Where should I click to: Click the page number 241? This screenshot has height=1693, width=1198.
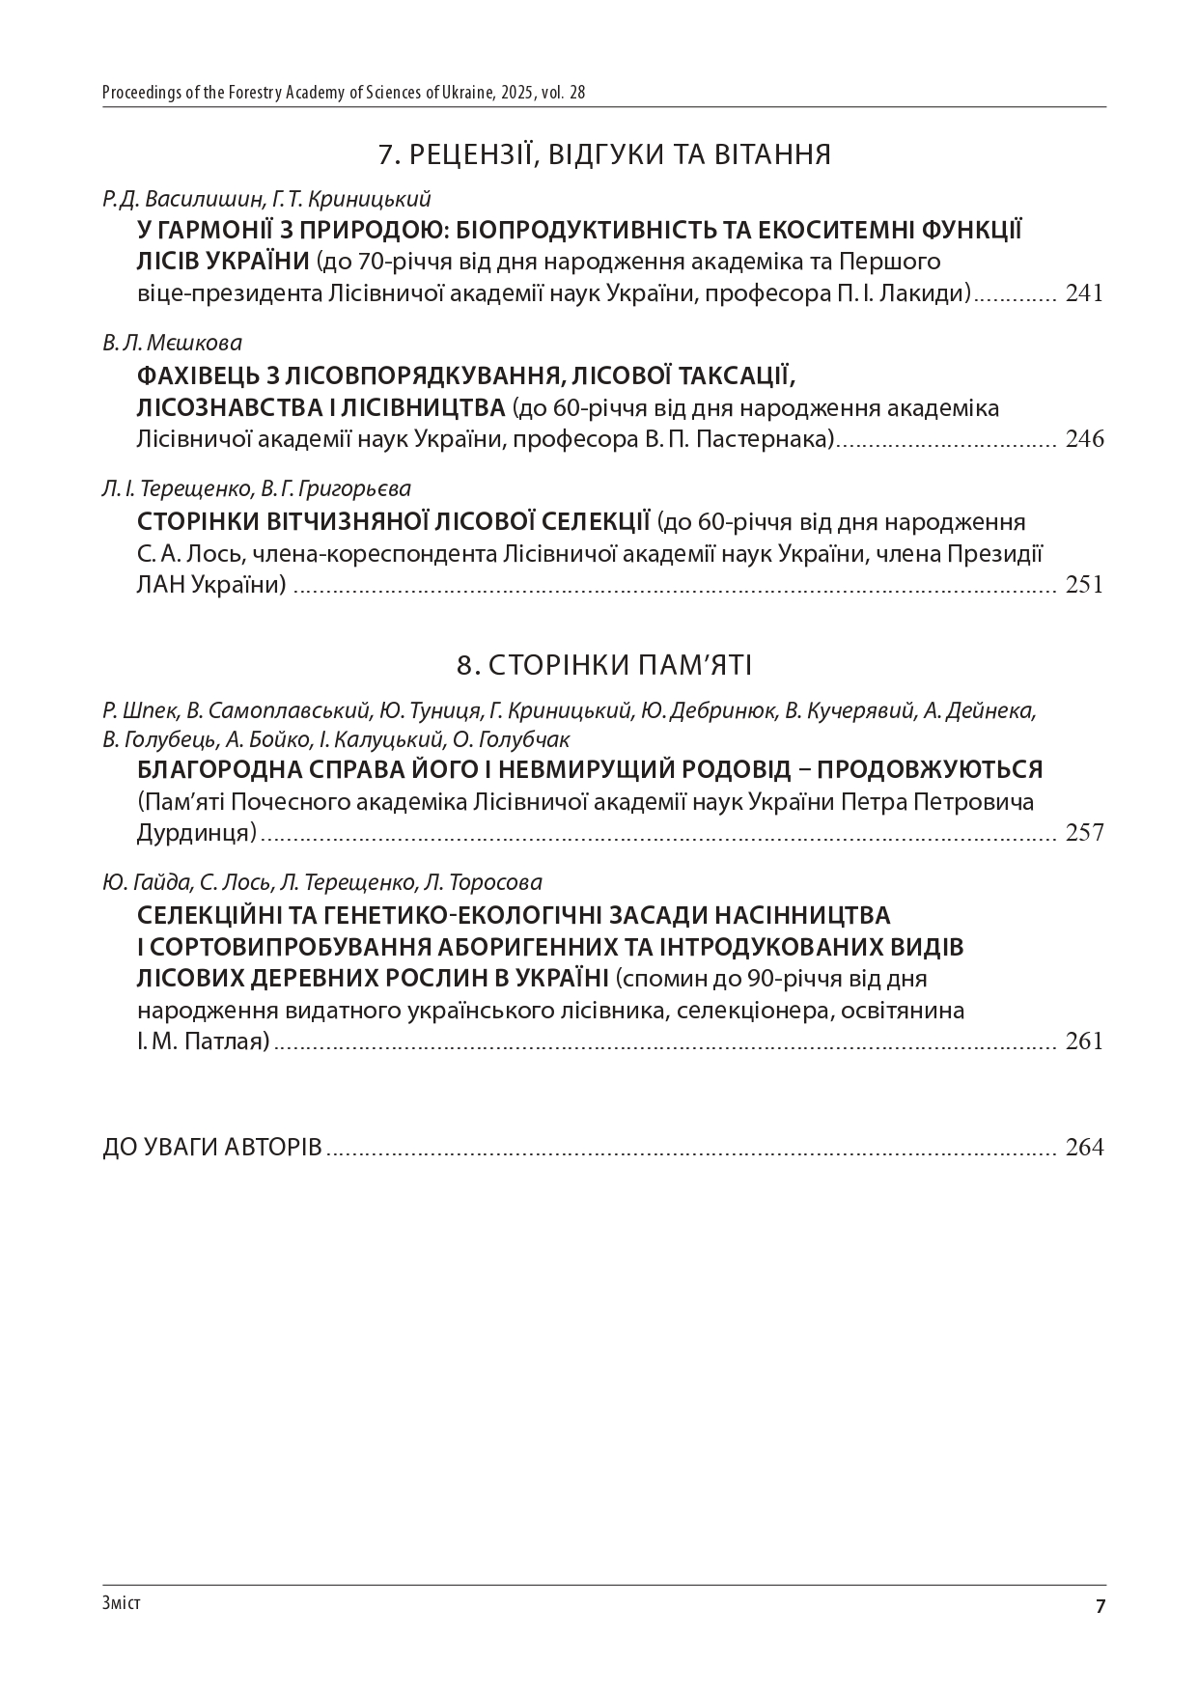1084,293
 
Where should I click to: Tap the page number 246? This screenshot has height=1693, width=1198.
1084,440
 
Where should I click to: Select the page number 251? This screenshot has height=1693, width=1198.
1084,585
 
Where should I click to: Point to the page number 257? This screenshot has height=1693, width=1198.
1084,833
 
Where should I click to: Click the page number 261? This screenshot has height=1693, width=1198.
1084,1041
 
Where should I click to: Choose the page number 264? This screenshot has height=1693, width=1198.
1084,1148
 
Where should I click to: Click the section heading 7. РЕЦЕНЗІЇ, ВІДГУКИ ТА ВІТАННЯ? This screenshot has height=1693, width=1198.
604,154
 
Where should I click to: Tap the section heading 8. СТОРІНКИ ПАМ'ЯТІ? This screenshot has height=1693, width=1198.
604,665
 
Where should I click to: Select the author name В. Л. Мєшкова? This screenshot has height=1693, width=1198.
172,344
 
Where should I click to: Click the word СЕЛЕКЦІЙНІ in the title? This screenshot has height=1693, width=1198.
209,914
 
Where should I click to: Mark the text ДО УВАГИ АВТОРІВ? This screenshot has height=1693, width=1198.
212,1148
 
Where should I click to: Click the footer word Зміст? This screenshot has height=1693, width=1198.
121,1603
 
